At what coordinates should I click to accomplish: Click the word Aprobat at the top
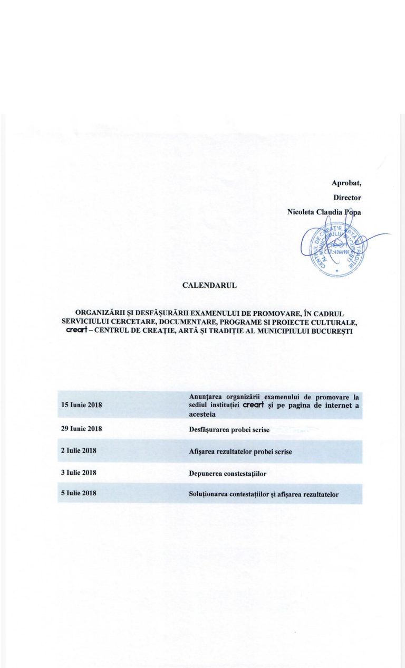(x=346, y=183)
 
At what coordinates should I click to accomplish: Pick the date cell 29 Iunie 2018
(x=82, y=429)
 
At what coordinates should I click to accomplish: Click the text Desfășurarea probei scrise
(x=229, y=430)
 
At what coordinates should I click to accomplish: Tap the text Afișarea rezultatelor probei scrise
(x=240, y=452)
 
